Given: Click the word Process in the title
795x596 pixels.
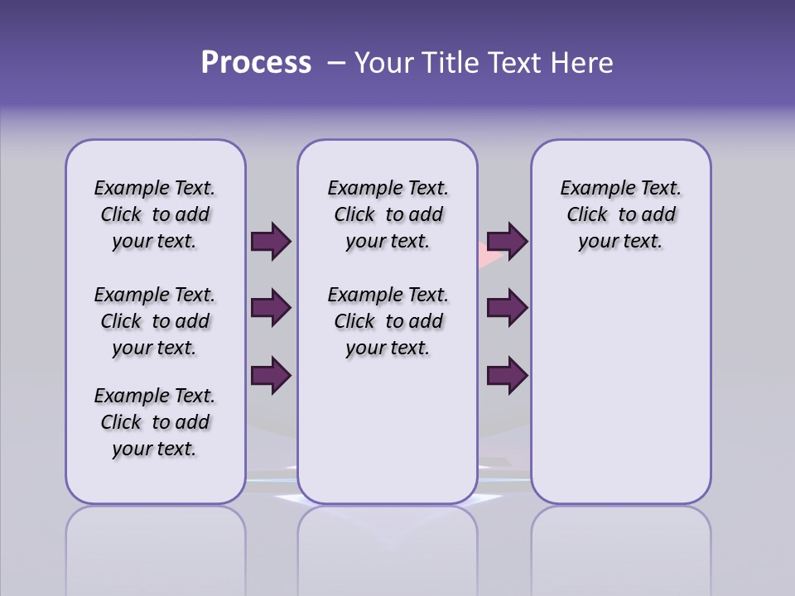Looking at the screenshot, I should point(256,63).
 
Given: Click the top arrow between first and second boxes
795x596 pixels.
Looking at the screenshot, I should point(271,242).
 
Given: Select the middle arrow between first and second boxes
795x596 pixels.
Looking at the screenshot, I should point(271,309).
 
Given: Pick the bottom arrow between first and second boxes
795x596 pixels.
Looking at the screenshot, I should point(271,376).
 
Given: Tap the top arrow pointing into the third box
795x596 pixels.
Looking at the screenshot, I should point(507,242).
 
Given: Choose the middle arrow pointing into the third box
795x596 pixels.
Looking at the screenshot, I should point(507,309).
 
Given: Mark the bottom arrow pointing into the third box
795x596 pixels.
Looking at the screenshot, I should point(507,376).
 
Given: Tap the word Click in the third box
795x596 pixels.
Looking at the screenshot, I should point(587,214).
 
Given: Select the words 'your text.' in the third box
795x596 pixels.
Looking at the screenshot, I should point(620,241).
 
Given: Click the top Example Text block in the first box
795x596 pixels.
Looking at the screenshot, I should point(155,214).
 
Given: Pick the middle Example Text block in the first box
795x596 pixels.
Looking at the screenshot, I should point(155,321).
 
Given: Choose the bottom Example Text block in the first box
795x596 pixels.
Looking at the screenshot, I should point(155,422).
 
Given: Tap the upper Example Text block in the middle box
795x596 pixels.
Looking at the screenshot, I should point(388,214).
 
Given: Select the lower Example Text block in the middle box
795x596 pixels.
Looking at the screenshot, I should point(388,321).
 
